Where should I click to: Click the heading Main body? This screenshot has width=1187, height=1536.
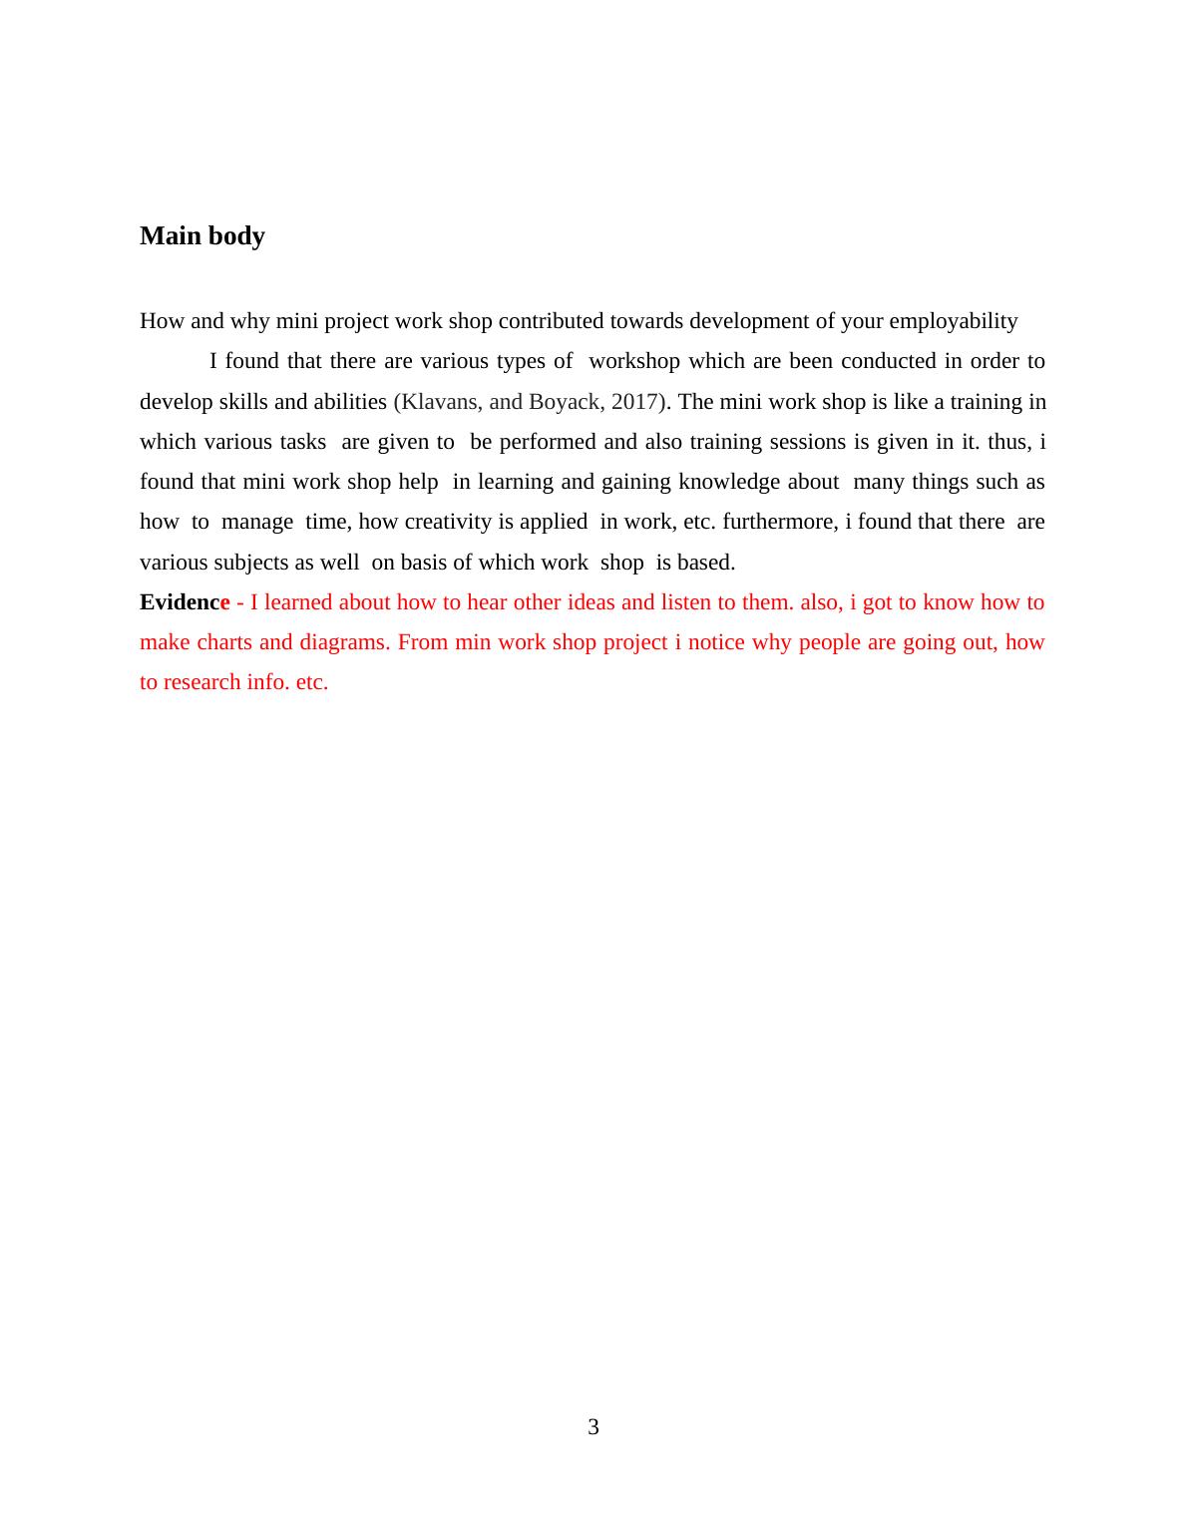202,236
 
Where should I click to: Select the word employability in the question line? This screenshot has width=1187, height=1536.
953,321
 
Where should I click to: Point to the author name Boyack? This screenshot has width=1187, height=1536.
564,402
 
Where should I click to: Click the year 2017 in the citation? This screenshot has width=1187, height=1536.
635,402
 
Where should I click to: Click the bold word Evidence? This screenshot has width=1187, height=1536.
185,602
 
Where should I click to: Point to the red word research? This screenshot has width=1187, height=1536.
202,682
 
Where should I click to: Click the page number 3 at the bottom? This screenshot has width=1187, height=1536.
593,1427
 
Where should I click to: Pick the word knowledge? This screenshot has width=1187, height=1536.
729,482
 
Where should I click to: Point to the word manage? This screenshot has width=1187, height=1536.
257,522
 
